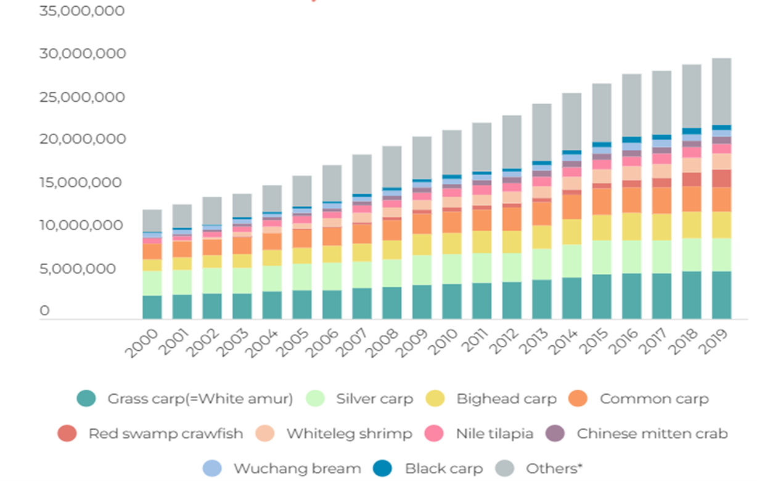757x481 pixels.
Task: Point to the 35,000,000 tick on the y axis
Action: point(81,11)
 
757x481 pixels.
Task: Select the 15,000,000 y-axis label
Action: point(81,183)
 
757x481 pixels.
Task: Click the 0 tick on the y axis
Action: point(44,311)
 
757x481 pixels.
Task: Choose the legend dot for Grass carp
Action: point(86,398)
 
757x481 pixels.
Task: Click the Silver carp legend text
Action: point(374,399)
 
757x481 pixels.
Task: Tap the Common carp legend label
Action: point(654,399)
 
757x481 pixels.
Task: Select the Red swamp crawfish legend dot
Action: point(67,434)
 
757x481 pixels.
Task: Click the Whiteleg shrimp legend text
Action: point(349,434)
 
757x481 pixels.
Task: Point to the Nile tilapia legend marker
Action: point(435,434)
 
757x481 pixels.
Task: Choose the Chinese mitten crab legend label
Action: point(652,434)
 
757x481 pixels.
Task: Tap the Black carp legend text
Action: point(444,468)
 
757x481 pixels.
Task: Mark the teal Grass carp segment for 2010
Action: point(451,301)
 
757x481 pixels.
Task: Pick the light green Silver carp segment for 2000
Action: point(152,283)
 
